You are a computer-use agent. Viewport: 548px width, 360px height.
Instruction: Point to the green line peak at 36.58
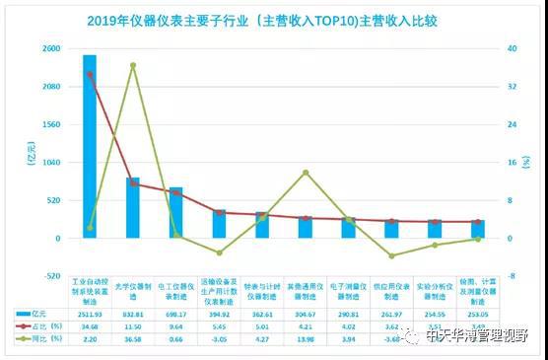point(133,65)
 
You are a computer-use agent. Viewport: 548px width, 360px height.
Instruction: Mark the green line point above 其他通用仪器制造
point(306,173)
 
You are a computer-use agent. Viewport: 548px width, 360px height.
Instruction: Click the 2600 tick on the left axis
point(51,48)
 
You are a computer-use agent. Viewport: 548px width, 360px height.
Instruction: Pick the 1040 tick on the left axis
point(51,163)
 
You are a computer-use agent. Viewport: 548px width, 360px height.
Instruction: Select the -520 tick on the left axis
point(51,276)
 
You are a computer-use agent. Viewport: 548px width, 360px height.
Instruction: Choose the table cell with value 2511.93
point(90,313)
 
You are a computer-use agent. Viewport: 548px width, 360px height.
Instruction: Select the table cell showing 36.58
point(133,337)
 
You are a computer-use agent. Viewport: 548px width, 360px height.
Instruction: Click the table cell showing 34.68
point(90,325)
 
